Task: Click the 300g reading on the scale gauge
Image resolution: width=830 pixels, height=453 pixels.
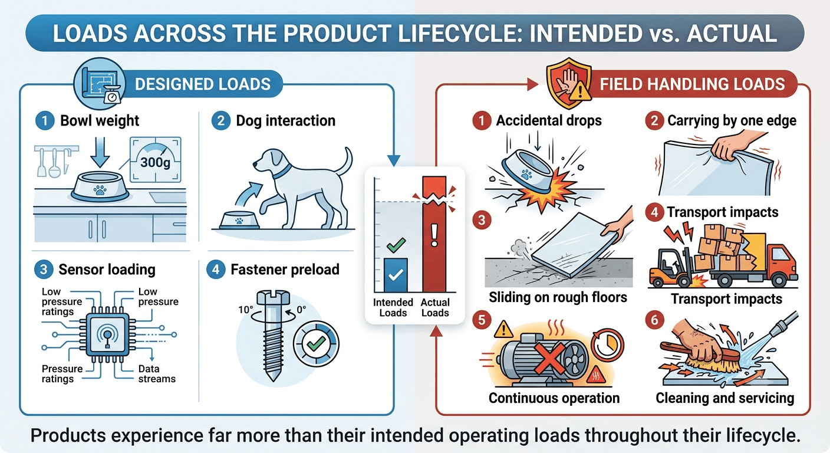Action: (155, 162)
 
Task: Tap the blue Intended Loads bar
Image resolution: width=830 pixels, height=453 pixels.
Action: (396, 275)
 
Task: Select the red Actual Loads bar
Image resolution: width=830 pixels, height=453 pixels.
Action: (434, 234)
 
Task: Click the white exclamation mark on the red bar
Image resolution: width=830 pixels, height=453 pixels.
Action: (434, 235)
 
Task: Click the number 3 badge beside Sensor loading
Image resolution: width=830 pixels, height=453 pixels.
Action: (44, 270)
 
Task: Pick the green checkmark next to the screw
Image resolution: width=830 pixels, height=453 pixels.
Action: (316, 344)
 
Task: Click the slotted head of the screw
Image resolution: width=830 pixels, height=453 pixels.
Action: (273, 297)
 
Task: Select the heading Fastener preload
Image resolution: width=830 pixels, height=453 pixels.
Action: (285, 270)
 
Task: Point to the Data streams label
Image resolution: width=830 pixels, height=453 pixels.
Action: (157, 374)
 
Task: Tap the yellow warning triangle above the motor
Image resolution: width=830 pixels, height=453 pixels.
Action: (503, 329)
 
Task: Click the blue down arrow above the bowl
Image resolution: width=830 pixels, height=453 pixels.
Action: (100, 152)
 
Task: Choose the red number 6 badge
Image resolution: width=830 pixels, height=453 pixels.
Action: (654, 320)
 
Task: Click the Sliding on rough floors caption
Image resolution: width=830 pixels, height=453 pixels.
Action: (558, 297)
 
